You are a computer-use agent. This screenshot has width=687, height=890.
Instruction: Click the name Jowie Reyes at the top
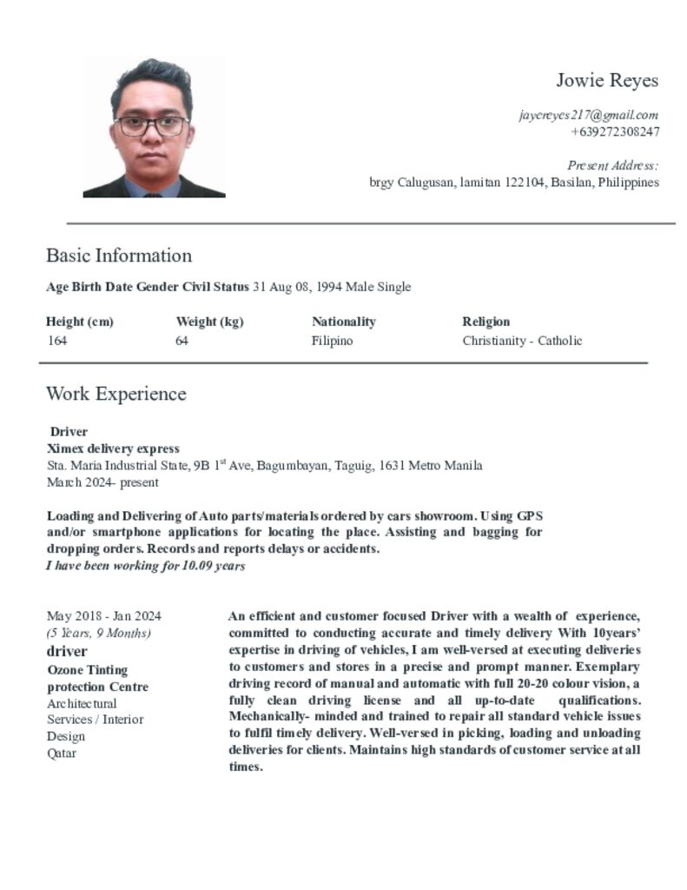pyautogui.click(x=607, y=81)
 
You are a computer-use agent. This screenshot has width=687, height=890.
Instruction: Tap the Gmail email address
pyautogui.click(x=588, y=115)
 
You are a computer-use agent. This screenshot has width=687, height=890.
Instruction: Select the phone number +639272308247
pyautogui.click(x=614, y=132)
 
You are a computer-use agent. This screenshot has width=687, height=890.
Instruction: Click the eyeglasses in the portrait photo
pyautogui.click(x=151, y=125)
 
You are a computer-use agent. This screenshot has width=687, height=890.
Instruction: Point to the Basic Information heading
pyautogui.click(x=119, y=256)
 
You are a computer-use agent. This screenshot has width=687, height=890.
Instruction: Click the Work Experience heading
pyautogui.click(x=116, y=394)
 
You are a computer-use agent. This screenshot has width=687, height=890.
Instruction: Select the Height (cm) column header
pyautogui.click(x=80, y=322)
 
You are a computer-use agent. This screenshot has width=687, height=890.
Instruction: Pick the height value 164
pyautogui.click(x=57, y=341)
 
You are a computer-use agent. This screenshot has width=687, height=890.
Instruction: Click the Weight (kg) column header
pyautogui.click(x=209, y=322)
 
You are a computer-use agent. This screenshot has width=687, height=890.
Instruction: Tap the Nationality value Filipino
pyautogui.click(x=332, y=341)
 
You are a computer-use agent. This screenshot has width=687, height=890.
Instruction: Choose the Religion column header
pyautogui.click(x=486, y=322)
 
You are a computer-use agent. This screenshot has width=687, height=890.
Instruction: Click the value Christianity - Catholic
pyautogui.click(x=522, y=341)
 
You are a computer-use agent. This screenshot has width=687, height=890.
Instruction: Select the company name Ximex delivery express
pyautogui.click(x=113, y=448)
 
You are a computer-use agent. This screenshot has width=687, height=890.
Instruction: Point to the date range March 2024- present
pyautogui.click(x=102, y=482)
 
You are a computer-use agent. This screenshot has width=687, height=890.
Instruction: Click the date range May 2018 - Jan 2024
pyautogui.click(x=103, y=616)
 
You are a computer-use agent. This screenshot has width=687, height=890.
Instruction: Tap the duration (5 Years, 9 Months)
pyautogui.click(x=98, y=633)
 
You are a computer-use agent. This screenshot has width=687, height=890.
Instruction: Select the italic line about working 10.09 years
pyautogui.click(x=146, y=566)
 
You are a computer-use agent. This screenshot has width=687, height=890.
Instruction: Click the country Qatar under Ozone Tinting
pyautogui.click(x=62, y=754)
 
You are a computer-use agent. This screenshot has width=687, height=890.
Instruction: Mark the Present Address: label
pyautogui.click(x=612, y=165)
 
